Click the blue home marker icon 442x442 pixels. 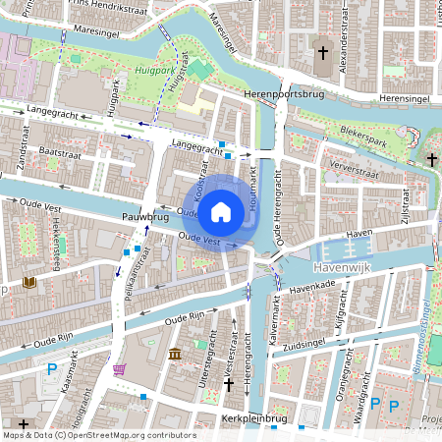(221, 211)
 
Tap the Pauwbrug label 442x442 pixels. (145, 215)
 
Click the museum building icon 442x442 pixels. (174, 354)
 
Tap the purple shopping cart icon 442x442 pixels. (120, 369)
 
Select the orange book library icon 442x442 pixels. (29, 283)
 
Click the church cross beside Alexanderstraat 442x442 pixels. (324, 51)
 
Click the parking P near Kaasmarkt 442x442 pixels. (52, 369)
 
